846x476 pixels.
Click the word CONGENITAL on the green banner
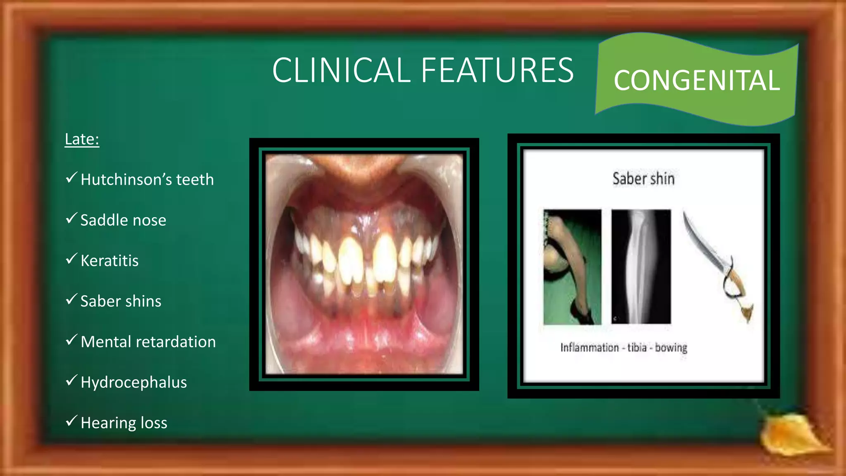pos(696,80)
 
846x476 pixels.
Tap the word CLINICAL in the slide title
pos(341,70)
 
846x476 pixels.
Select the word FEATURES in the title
pos(497,70)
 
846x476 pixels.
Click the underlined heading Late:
pos(82,139)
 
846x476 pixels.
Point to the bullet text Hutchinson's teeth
pos(147,180)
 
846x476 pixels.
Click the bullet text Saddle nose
pos(123,220)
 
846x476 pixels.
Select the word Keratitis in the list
pos(109,261)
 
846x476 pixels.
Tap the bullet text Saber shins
pos(121,301)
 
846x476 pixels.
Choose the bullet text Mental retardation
pos(148,342)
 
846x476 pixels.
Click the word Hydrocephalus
pos(133,382)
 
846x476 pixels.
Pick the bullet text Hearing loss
pos(124,423)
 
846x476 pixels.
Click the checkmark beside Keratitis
pos(71,259)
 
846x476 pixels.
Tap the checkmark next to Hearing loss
pos(71,421)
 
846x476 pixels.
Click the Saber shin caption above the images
pos(643,179)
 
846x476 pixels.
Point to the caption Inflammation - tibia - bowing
pos(624,347)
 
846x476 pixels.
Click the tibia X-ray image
pos(641,267)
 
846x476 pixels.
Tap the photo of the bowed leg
pos(572,267)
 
